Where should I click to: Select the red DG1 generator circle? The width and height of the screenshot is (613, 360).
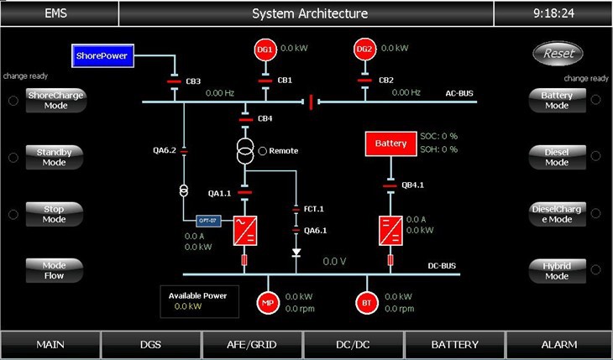[x=265, y=50]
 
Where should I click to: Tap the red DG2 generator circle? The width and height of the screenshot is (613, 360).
[x=364, y=50]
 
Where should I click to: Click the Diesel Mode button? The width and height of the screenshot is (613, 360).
[x=557, y=157]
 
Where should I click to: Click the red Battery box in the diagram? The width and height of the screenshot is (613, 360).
[x=390, y=143]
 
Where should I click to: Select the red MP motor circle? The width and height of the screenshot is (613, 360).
[x=267, y=302]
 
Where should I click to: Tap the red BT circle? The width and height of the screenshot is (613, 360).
[x=367, y=302]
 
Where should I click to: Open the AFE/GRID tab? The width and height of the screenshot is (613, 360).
[x=252, y=345]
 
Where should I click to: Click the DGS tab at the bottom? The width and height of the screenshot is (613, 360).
[x=151, y=345]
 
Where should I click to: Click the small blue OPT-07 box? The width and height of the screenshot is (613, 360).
[x=207, y=221]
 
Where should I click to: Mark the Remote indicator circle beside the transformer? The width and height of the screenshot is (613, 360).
[x=263, y=151]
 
